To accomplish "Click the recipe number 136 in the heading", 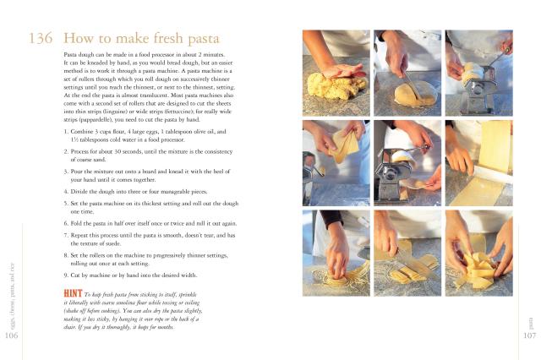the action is (41, 38).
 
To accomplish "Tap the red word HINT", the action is (73, 293).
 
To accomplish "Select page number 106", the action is (11, 335).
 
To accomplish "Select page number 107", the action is (530, 335).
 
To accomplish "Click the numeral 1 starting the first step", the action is (66, 132).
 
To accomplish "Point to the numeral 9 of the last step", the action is (66, 275).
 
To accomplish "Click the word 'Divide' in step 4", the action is (79, 192).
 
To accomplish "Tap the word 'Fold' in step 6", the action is (75, 223).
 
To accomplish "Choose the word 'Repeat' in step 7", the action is (79, 236).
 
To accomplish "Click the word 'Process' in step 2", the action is (79, 152).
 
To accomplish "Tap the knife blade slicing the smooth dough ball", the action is (413, 86).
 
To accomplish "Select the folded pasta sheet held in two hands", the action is (345, 145).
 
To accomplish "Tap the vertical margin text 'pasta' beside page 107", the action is (531, 324).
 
